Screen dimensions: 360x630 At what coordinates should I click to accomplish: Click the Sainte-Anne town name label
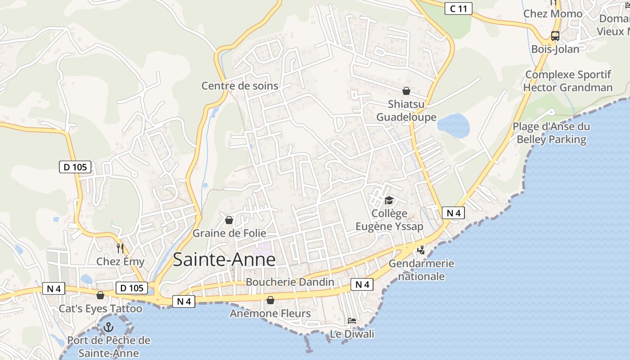pyautogui.click(x=224, y=260)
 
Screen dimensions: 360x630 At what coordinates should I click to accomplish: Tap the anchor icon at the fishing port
pyautogui.click(x=108, y=327)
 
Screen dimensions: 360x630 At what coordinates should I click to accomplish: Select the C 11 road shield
pyautogui.click(x=458, y=8)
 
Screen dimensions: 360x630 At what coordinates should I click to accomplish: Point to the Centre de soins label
pyautogui.click(x=240, y=85)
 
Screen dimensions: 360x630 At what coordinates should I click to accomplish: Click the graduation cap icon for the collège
pyautogui.click(x=389, y=200)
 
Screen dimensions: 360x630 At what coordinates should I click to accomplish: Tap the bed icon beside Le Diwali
pyautogui.click(x=352, y=321)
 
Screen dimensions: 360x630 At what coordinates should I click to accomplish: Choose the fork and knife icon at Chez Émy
pyautogui.click(x=120, y=248)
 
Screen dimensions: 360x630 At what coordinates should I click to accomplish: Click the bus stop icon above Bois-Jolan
pyautogui.click(x=555, y=36)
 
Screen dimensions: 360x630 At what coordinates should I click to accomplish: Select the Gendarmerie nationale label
pyautogui.click(x=421, y=270)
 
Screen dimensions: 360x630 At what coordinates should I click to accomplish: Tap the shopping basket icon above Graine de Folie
pyautogui.click(x=229, y=220)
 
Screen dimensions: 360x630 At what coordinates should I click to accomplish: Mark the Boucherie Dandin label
pyautogui.click(x=290, y=282)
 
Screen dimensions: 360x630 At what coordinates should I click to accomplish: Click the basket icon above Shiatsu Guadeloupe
pyautogui.click(x=406, y=91)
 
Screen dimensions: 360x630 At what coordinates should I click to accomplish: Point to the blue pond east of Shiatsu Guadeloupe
pyautogui.click(x=454, y=126)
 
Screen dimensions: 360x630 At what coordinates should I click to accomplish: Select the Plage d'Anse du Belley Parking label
pyautogui.click(x=551, y=133)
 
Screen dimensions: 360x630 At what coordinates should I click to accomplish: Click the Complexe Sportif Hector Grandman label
pyautogui.click(x=568, y=81)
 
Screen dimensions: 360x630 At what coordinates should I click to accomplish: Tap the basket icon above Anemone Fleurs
pyautogui.click(x=270, y=300)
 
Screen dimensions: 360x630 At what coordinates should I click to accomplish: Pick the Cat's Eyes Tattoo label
pyautogui.click(x=100, y=309)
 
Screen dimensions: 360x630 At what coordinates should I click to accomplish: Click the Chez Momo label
pyautogui.click(x=553, y=14)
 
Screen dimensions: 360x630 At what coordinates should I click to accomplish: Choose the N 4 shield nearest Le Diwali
pyautogui.click(x=362, y=284)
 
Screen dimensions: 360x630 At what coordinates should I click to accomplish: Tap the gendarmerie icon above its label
pyautogui.click(x=421, y=250)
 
